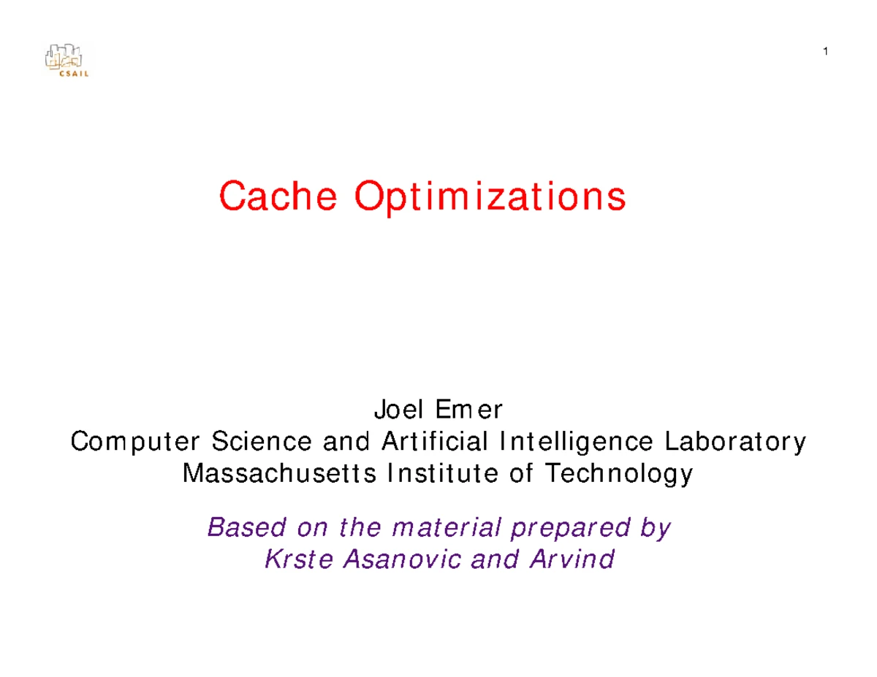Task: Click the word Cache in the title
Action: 278,196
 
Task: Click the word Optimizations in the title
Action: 490,199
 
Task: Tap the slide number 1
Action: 826,52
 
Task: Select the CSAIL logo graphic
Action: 66,60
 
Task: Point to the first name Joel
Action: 399,409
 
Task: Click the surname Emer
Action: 469,409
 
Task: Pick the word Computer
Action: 134,442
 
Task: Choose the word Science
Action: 262,441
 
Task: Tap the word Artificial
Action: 434,441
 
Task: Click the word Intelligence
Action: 576,443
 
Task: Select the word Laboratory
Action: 735,443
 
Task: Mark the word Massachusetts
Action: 279,473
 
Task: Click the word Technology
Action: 619,474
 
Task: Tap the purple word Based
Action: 246,527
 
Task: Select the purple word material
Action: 447,527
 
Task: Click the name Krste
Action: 299,559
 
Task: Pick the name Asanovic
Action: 401,559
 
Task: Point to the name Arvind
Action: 572,559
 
